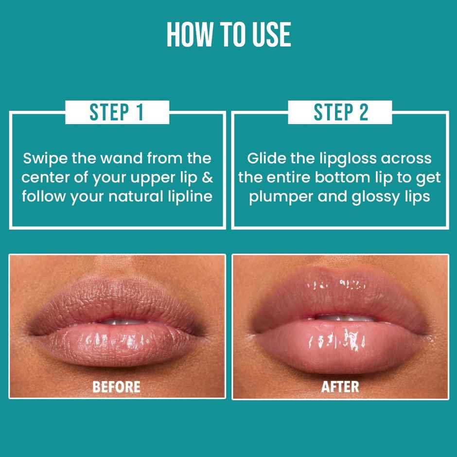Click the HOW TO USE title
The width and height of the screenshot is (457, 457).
point(228,35)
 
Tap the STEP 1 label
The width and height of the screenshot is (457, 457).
point(117,112)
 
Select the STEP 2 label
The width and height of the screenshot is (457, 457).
point(340,112)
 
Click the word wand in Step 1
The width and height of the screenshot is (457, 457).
point(116,158)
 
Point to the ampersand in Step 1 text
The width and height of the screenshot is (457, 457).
point(208,177)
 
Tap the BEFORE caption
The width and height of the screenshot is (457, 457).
point(117,387)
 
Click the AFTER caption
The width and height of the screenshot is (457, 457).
point(340,387)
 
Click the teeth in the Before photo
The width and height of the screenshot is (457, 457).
point(119,321)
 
